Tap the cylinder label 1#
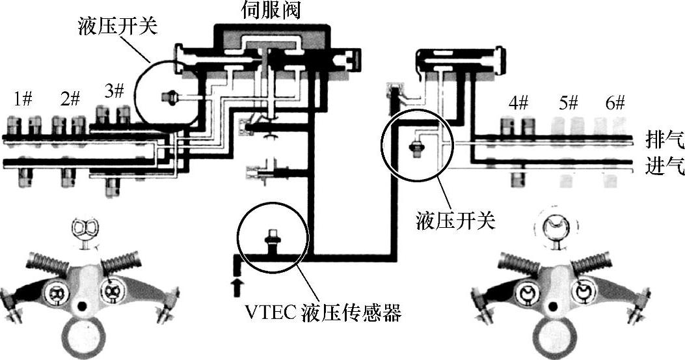pyautogui.click(x=23, y=99)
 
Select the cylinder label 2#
pyautogui.click(x=70, y=99)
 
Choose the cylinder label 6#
pyautogui.click(x=613, y=102)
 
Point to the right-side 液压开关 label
pyautogui.click(x=455, y=222)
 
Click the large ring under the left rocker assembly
pyautogui.click(x=82, y=335)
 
